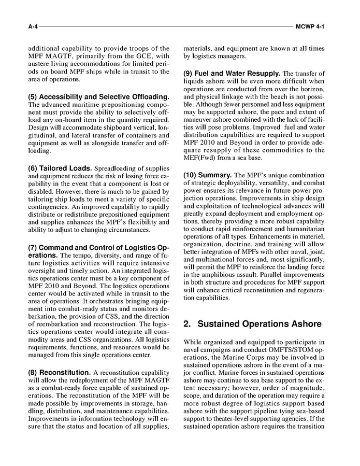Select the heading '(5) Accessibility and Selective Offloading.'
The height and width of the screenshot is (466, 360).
coord(98,97)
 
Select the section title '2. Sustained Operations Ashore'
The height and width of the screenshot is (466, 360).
coord(252,324)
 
